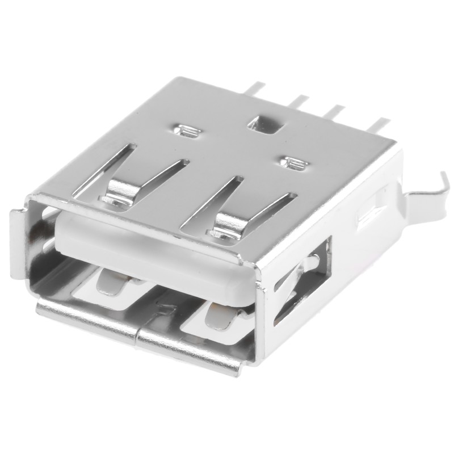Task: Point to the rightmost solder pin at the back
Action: click(379, 123)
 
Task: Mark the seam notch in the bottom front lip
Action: click(165, 311)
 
